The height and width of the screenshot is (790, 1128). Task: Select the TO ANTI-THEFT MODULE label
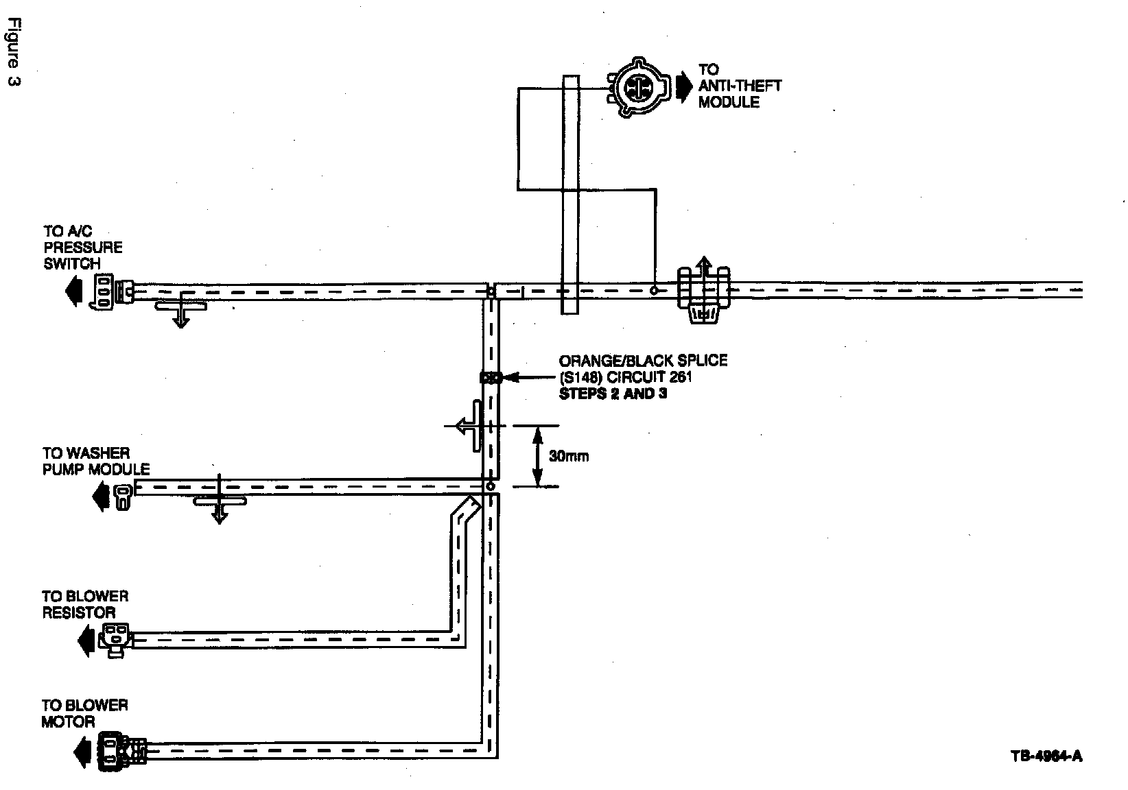pos(740,86)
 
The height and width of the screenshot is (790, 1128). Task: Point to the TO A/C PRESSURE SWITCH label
pos(82,247)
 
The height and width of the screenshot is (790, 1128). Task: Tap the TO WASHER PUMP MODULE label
pos(95,461)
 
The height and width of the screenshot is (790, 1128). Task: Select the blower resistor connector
pos(114,640)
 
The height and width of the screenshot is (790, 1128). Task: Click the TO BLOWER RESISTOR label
pos(85,604)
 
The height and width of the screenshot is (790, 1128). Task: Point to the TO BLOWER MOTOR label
pos(84,713)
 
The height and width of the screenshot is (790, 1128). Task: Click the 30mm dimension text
pos(569,456)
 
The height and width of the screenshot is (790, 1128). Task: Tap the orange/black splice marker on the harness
pos(491,377)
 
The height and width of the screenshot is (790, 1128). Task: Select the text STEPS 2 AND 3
pos(613,394)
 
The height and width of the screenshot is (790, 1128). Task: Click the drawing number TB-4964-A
pos(1046,756)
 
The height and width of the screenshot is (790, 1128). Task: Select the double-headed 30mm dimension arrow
pos(538,455)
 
